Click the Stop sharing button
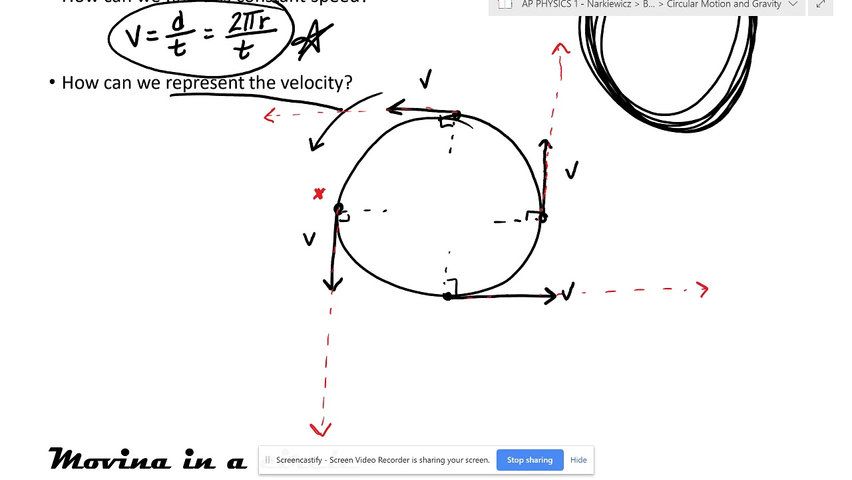point(529,460)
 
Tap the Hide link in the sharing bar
point(578,460)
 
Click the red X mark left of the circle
point(319,194)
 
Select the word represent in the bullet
point(205,83)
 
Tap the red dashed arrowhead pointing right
point(703,289)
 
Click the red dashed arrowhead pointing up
point(560,49)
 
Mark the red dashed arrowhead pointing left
point(269,116)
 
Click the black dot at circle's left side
point(338,209)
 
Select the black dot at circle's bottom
point(447,296)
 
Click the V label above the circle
point(425,80)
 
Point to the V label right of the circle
point(571,171)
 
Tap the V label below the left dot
point(309,239)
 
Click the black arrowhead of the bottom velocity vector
point(551,296)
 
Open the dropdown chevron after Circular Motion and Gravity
point(793,5)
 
